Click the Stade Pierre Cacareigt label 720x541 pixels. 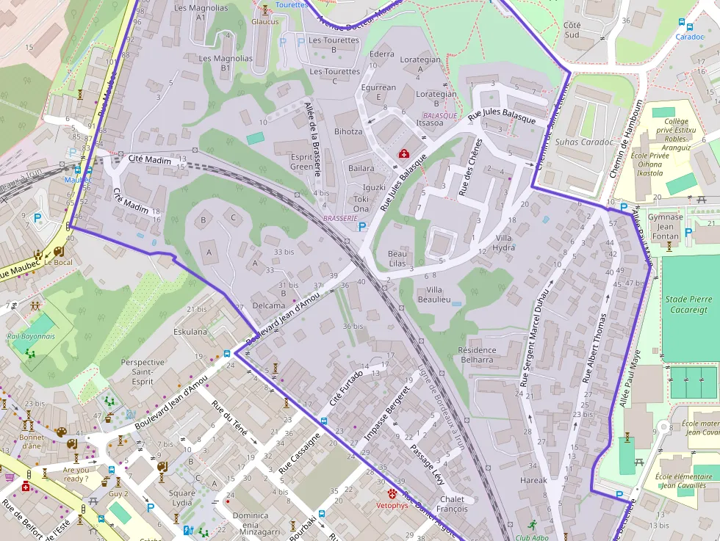pyautogui.click(x=688, y=305)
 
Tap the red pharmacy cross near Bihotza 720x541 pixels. pyautogui.click(x=403, y=153)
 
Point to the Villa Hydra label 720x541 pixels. pyautogui.click(x=504, y=242)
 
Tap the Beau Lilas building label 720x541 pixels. pyautogui.click(x=397, y=258)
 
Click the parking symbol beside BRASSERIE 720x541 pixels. pyautogui.click(x=362, y=227)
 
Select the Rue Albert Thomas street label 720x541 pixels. pyautogui.click(x=594, y=349)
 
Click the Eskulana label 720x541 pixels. pyautogui.click(x=190, y=332)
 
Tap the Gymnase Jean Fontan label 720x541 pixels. pyautogui.click(x=665, y=226)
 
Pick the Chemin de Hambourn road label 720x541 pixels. pyautogui.click(x=625, y=139)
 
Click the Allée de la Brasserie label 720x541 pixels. pyautogui.click(x=313, y=139)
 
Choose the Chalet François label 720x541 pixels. pyautogui.click(x=452, y=504)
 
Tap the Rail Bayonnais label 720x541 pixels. pyautogui.click(x=31, y=336)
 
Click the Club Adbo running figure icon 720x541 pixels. pyautogui.click(x=532, y=526)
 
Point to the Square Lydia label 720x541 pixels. pyautogui.click(x=182, y=498)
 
